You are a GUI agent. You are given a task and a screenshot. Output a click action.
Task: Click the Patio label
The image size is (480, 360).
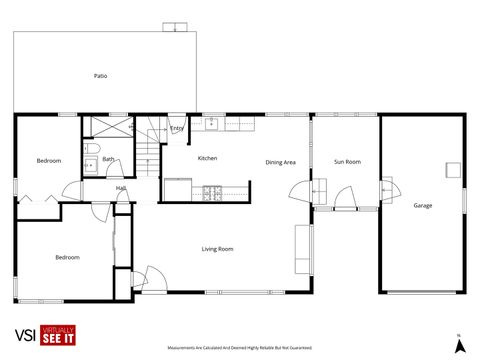(x=100, y=75)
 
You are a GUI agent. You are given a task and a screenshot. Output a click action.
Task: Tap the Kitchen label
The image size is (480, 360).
(x=207, y=158)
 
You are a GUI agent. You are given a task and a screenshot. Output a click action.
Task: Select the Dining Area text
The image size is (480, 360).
(x=280, y=162)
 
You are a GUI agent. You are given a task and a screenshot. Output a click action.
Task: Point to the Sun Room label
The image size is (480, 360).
(x=346, y=161)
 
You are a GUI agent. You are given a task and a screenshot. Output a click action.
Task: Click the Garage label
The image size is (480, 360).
(x=423, y=205)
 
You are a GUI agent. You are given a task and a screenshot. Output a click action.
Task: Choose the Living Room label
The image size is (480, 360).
(x=217, y=249)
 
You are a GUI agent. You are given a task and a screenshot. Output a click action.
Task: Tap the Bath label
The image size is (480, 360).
(x=107, y=159)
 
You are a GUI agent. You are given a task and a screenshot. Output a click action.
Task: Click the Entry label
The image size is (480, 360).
(x=177, y=128)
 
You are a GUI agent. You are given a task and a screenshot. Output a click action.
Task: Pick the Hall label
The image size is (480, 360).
(x=120, y=188)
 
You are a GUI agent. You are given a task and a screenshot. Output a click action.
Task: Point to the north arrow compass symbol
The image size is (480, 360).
(x=459, y=345)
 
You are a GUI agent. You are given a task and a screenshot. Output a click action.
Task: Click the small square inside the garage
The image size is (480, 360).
(x=453, y=169)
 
